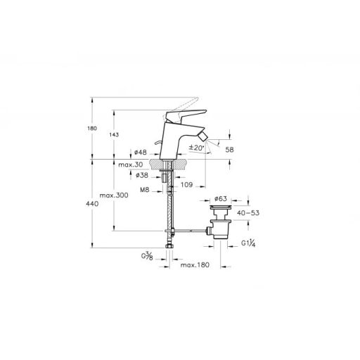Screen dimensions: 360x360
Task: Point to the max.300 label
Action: tap(112, 195)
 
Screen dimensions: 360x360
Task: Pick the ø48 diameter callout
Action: tap(139, 153)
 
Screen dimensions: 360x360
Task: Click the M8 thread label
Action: tap(144, 189)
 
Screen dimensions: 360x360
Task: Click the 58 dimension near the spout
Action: tap(229, 150)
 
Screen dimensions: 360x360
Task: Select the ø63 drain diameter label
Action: tap(220, 200)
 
